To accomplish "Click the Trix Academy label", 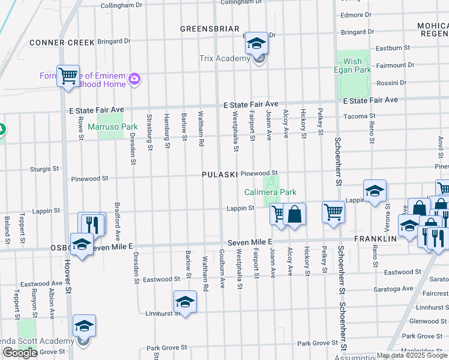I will pyautogui.click(x=224, y=58).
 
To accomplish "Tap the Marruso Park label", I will pyautogui.click(x=113, y=127).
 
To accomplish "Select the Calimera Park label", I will pyautogui.click(x=270, y=192).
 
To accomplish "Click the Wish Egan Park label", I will pyautogui.click(x=353, y=65).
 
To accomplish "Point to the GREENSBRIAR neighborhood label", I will pyautogui.click(x=210, y=29).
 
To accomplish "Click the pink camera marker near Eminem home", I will pyautogui.click(x=135, y=79).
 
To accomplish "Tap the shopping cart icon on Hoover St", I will pyautogui.click(x=68, y=76).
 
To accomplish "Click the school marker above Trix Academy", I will pyautogui.click(x=257, y=43).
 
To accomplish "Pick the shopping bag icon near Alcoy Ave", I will pyautogui.click(x=295, y=214).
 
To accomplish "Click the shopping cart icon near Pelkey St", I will pyautogui.click(x=333, y=211).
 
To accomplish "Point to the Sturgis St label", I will pyautogui.click(x=44, y=170).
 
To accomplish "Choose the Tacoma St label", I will pyautogui.click(x=364, y=116).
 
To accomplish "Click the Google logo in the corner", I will pyautogui.click(x=20, y=353).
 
